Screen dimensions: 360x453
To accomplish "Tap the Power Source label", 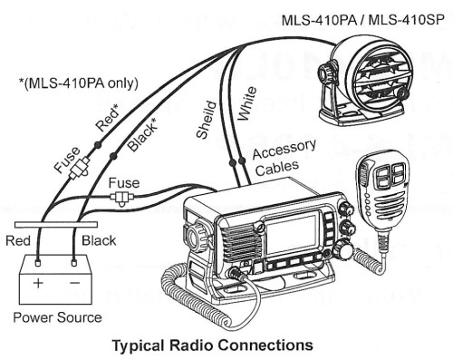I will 57,317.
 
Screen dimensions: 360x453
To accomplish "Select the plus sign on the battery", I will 38,283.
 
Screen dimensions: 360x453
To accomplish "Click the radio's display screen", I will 292,238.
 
